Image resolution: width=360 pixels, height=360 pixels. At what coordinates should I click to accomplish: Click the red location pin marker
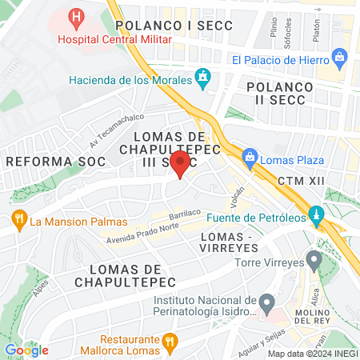point(181,164)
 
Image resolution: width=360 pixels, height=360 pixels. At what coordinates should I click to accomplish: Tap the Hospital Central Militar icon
point(76,16)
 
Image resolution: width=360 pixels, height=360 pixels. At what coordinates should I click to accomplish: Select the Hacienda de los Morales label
point(130,79)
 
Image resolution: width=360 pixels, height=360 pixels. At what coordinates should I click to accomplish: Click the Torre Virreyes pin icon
point(314,260)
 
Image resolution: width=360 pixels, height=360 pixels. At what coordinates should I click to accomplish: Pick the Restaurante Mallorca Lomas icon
point(169,342)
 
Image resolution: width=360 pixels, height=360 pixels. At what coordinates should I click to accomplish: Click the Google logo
point(26,350)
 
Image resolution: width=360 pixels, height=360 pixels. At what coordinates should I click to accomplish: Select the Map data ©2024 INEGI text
point(312,354)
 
